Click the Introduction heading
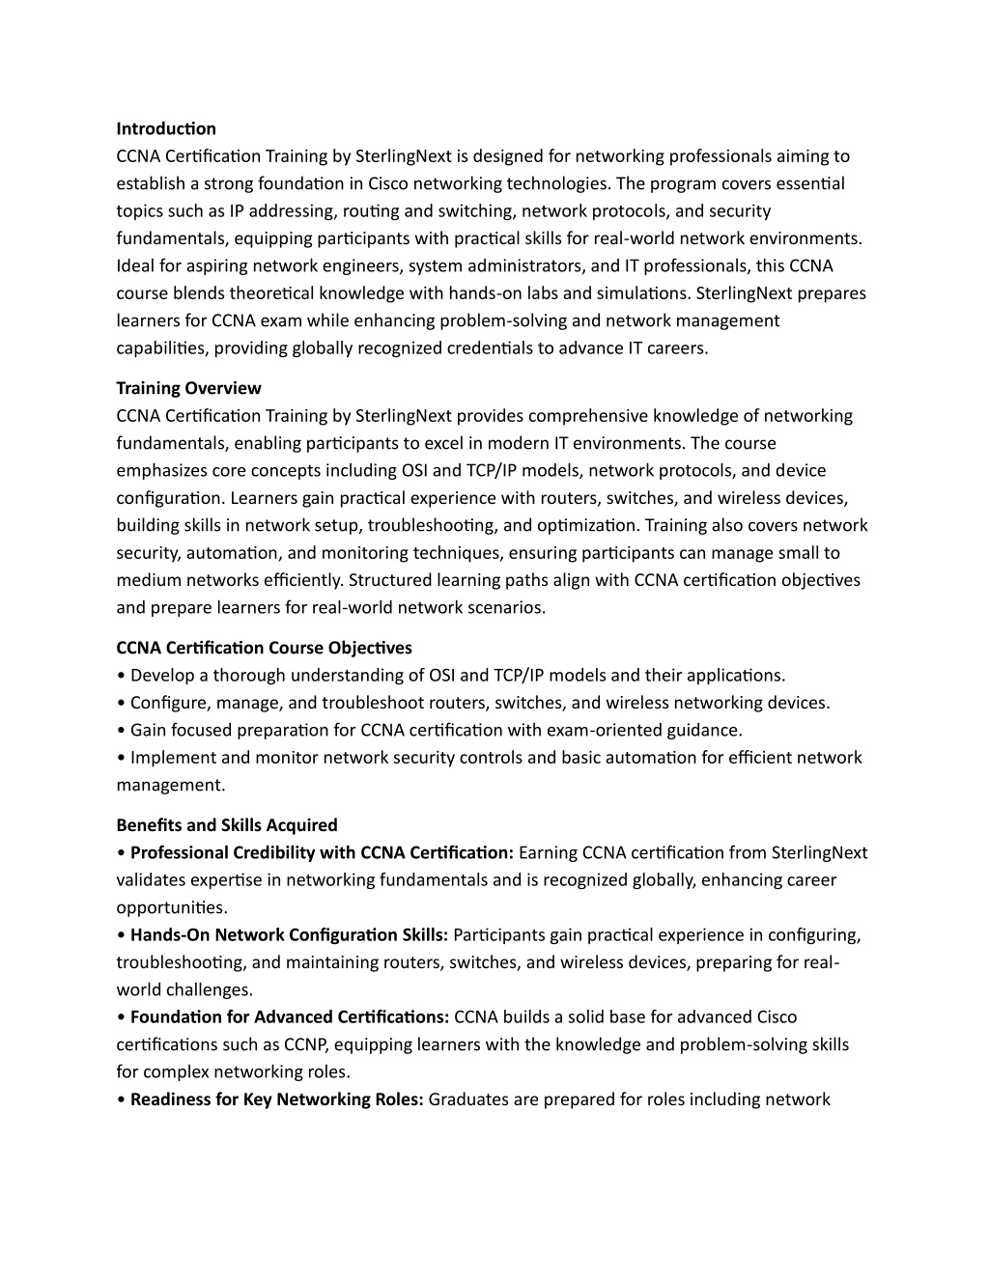pos(166,128)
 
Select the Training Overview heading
pos(188,388)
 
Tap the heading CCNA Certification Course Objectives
pos(264,648)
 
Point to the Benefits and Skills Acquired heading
pos(227,825)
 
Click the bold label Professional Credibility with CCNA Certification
pos(322,852)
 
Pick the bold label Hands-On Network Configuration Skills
pos(289,934)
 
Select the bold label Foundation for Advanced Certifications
pos(290,1016)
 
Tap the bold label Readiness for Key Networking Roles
pos(277,1098)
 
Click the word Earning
pos(548,852)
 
